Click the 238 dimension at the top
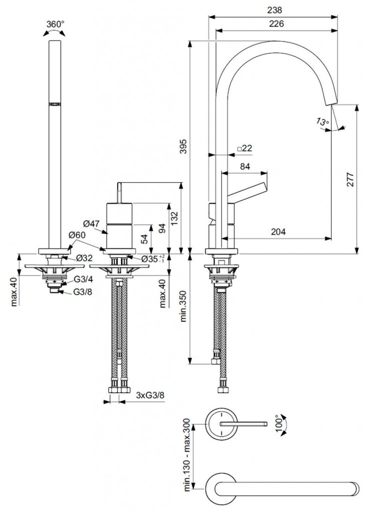click(x=275, y=9)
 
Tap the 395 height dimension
click(x=183, y=146)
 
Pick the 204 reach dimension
click(x=279, y=231)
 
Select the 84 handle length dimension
click(x=245, y=167)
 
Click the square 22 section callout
click(x=245, y=148)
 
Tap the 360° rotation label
click(x=55, y=24)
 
